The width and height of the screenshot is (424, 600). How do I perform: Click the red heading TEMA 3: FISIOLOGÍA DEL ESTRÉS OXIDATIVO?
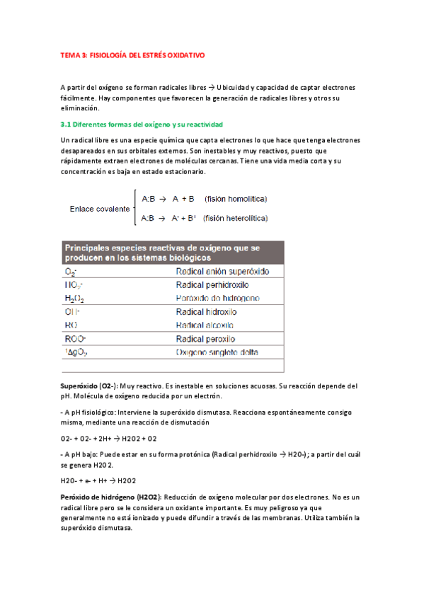pos(134,54)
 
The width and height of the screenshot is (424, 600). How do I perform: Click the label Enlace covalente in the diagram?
pos(100,209)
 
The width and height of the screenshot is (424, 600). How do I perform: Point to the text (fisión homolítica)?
pos(236,199)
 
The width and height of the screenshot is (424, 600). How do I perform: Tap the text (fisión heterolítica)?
pos(235,219)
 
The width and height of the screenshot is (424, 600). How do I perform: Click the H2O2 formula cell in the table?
pos(75,298)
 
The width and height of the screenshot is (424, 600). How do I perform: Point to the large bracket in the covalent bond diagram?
pos(134,208)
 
